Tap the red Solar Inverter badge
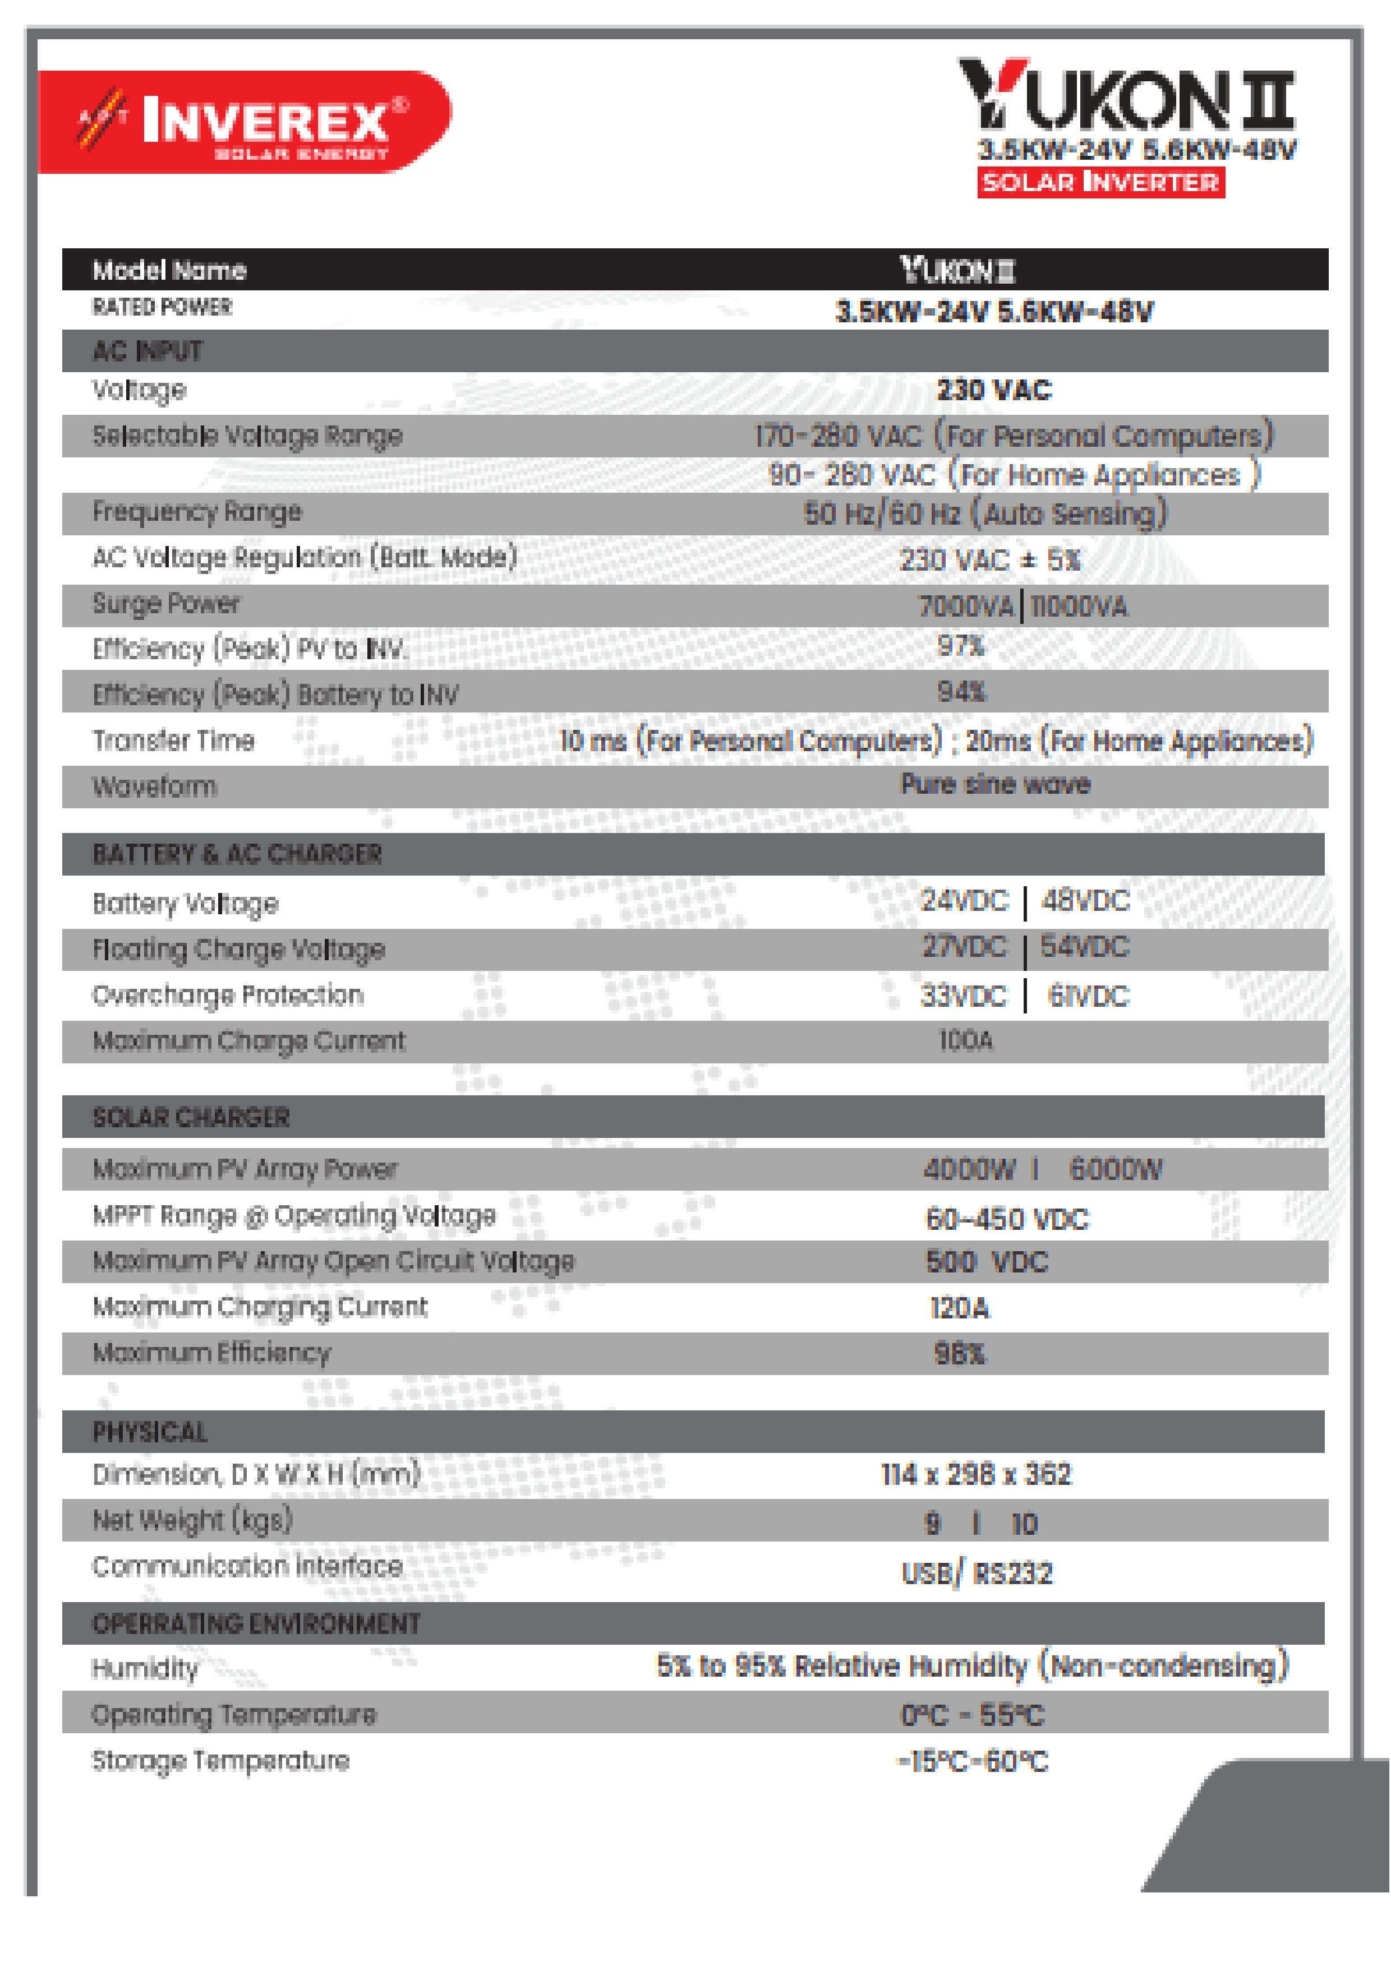(1100, 183)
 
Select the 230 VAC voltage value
(993, 391)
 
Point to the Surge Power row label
(166, 604)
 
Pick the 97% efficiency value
(961, 646)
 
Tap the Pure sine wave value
(995, 785)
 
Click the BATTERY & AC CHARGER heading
(237, 854)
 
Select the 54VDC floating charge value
(1085, 947)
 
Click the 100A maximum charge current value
(966, 1041)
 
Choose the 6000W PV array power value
(1115, 1170)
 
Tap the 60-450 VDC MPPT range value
(1007, 1220)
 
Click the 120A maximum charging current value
(960, 1308)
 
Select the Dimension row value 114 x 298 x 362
(976, 1474)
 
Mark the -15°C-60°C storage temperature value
(973, 1762)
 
